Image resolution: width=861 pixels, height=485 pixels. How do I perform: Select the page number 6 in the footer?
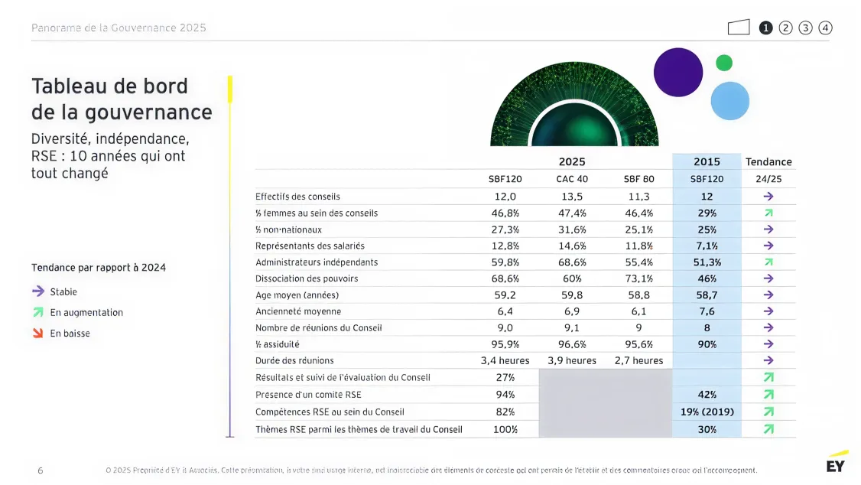point(40,470)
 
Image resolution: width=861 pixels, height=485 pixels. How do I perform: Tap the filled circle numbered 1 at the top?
point(765,28)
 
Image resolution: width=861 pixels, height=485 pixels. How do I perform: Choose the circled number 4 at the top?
point(825,28)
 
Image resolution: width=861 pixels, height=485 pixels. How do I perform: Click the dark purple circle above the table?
point(677,72)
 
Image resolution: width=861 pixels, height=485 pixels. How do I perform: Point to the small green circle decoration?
point(723,63)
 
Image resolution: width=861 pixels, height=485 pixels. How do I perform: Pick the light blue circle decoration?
point(729,100)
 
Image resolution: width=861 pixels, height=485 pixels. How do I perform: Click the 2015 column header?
point(707,161)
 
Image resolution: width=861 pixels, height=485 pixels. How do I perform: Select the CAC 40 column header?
point(572,179)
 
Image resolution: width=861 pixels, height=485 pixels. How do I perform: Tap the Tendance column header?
point(768,161)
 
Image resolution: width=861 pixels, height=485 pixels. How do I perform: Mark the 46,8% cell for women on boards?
point(505,213)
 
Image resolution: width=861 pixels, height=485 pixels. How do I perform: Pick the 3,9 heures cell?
point(572,360)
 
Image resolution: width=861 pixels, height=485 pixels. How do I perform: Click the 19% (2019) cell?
point(707,412)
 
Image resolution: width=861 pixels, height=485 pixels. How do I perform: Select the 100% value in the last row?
point(505,429)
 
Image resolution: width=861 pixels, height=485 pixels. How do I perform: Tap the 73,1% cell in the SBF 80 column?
point(638,278)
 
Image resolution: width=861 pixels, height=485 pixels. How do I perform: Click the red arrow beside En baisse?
point(37,333)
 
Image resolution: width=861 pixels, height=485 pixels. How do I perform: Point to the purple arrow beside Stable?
point(37,291)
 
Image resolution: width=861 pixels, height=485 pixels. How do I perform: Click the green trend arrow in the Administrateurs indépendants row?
point(768,262)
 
